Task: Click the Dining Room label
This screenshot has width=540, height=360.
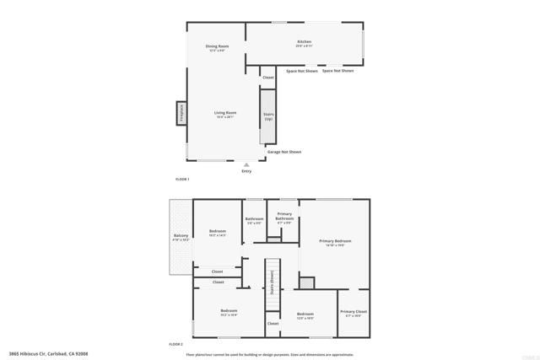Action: (x=218, y=46)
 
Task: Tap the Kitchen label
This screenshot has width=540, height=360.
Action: (x=304, y=42)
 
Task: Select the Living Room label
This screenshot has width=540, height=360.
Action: (x=224, y=113)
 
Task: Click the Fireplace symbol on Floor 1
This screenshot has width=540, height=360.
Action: (x=181, y=113)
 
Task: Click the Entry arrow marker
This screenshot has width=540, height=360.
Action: (x=246, y=164)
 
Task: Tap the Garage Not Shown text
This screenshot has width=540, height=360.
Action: (x=284, y=152)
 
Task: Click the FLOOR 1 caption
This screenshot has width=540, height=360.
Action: (x=182, y=180)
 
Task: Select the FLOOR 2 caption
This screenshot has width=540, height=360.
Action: (x=175, y=344)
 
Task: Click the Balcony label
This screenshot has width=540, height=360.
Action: (x=181, y=236)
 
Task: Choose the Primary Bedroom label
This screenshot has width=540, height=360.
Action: (x=335, y=242)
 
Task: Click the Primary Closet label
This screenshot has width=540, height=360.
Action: (x=354, y=313)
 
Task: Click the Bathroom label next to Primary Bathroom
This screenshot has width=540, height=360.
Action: (x=255, y=220)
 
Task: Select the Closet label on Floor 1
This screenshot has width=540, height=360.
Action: (x=268, y=78)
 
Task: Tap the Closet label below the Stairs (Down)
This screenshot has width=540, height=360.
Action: (x=273, y=323)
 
